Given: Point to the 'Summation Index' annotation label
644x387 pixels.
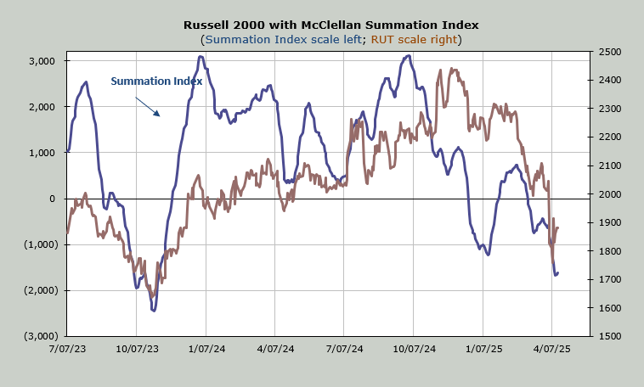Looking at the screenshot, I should point(156,81).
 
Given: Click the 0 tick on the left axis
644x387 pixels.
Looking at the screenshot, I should point(53,199).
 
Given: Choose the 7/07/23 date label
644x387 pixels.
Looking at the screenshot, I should point(66,349).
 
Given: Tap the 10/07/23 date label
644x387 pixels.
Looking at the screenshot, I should point(136,349).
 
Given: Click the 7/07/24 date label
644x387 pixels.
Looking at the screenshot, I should point(345,349).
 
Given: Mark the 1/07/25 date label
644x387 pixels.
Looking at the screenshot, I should point(483,349).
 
